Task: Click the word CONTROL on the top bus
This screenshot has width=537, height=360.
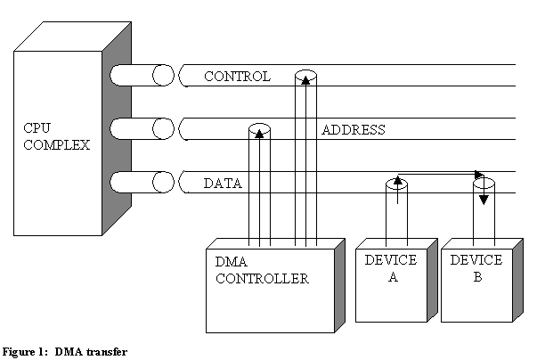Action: pos(237,77)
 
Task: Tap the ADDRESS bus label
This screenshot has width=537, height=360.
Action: pos(353,130)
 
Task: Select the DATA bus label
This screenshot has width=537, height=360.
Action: pos(224,184)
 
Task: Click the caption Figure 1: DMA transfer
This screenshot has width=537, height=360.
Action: pos(64,351)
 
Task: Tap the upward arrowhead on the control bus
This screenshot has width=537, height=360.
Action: pos(305,80)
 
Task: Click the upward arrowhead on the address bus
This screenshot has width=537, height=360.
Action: pos(259,134)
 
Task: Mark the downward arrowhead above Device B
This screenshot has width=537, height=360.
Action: pos(484,199)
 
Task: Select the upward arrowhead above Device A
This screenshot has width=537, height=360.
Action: pos(398,182)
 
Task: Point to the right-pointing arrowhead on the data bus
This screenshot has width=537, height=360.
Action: pos(478,175)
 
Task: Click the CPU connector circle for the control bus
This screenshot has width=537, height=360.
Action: pos(162,76)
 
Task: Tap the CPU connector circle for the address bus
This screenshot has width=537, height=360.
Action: pos(162,129)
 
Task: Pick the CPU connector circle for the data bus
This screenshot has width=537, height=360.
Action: pos(162,183)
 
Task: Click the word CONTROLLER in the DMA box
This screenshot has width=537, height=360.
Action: pos(262,279)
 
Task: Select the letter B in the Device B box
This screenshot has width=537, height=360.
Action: pos(476,277)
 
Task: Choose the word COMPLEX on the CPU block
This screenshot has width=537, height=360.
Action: pos(55,143)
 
